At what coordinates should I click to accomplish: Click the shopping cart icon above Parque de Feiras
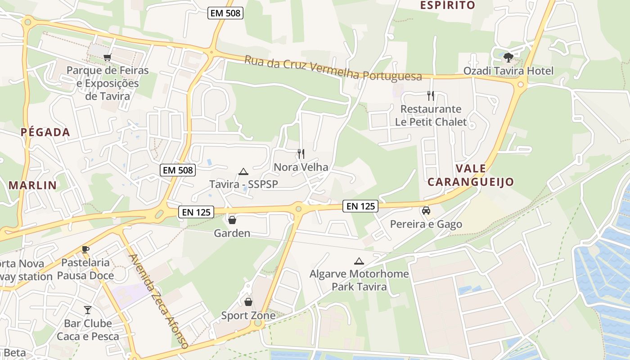(107, 57)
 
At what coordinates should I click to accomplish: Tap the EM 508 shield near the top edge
(226, 13)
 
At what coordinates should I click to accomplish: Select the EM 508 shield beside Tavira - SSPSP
(178, 170)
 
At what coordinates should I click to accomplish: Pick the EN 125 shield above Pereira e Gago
(360, 206)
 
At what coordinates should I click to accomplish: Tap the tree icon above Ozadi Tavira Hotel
(508, 58)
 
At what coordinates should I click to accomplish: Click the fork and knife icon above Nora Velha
(301, 154)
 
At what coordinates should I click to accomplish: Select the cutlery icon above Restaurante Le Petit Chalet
(431, 95)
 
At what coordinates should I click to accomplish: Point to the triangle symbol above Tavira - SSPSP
(243, 171)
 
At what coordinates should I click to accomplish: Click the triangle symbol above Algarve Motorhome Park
(359, 261)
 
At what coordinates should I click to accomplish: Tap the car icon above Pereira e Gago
(426, 211)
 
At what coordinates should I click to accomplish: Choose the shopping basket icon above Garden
(232, 220)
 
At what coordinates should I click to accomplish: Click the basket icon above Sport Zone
(248, 302)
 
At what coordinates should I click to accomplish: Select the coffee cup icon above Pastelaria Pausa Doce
(85, 249)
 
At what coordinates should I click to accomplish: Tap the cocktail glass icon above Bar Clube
(88, 310)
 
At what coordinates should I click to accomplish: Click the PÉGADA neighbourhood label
(45, 132)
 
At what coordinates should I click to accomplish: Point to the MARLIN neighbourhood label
(33, 185)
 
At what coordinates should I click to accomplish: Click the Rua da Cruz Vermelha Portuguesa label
(333, 68)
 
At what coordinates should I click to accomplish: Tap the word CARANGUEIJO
(470, 182)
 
